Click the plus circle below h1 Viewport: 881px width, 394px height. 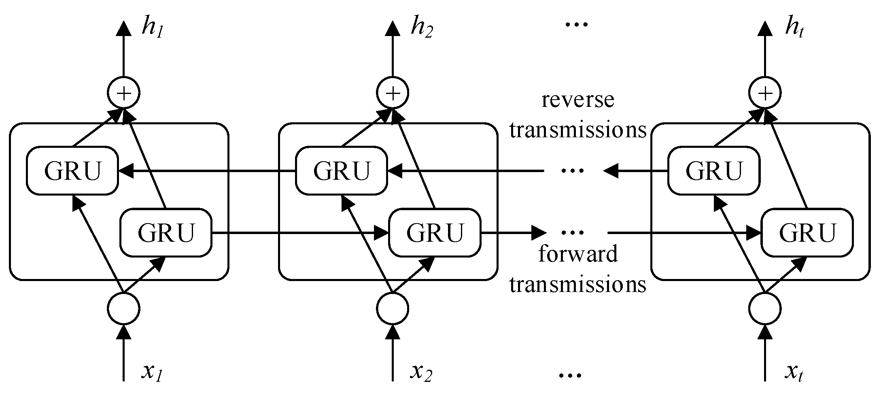(x=123, y=93)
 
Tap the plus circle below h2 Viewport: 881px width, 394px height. (x=393, y=93)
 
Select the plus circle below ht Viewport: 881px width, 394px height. (x=765, y=93)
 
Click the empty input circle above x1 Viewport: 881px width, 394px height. (x=123, y=308)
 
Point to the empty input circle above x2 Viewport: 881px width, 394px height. (x=393, y=308)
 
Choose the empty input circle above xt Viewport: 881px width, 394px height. (x=765, y=308)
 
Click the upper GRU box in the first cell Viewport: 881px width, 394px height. (x=72, y=170)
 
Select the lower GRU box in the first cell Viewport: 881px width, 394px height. (x=166, y=232)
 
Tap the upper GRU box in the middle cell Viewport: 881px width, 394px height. (x=342, y=170)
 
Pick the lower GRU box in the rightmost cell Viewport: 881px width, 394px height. (x=807, y=232)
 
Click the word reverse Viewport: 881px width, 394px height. (x=577, y=100)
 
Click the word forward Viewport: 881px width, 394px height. (x=577, y=254)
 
